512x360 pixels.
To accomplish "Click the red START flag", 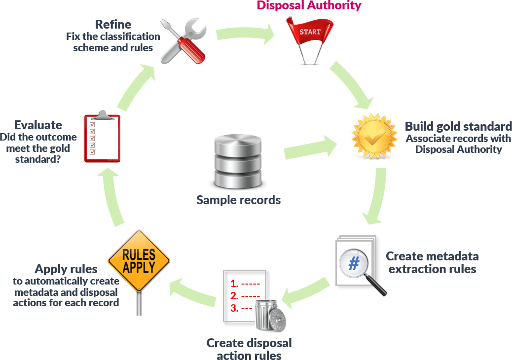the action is coord(310,32).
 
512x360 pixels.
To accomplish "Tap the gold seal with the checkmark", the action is coord(374,136).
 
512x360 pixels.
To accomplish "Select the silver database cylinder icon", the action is coord(238,161).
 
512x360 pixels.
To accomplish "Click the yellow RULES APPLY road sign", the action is coord(139,261).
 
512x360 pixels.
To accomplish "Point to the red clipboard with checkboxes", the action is coord(102,137).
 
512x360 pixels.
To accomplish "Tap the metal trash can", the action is coord(270,316).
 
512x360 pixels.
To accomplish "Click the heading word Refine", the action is coord(113,25).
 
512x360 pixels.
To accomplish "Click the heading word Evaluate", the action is coord(38,125).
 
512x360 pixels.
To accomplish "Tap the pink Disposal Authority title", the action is coord(309,5).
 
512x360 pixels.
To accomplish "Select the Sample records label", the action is coord(238,200).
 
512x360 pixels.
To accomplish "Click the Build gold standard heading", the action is coord(458,126).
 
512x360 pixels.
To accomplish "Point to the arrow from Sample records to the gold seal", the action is coord(311,148).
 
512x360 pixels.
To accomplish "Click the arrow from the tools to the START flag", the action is coord(245,34).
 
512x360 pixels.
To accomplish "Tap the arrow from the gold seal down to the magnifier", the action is coord(378,195).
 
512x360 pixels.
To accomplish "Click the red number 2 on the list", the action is coord(234,296).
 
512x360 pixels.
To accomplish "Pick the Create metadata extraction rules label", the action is coord(432,263).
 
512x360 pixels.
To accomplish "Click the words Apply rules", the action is coord(66,269).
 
